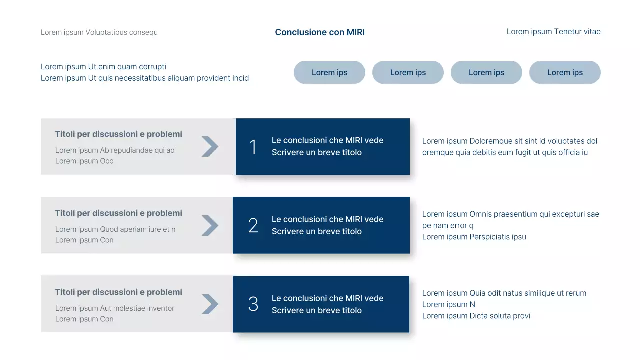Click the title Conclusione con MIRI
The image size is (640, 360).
pos(320,32)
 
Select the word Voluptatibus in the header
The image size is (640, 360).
pos(106,32)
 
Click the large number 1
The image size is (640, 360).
pos(253,147)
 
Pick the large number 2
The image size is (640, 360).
pos(253,226)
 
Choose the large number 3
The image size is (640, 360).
pos(253,304)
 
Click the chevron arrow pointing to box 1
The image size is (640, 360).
pos(210,146)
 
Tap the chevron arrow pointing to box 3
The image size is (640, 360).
pos(210,304)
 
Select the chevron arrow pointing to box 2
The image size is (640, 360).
pos(210,225)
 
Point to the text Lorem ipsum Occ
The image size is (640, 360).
pos(84,161)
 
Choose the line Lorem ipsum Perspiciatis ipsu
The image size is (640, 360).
pos(474,237)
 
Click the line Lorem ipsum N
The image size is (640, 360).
pos(448,304)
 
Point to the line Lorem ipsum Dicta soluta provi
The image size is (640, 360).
pos(476,316)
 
